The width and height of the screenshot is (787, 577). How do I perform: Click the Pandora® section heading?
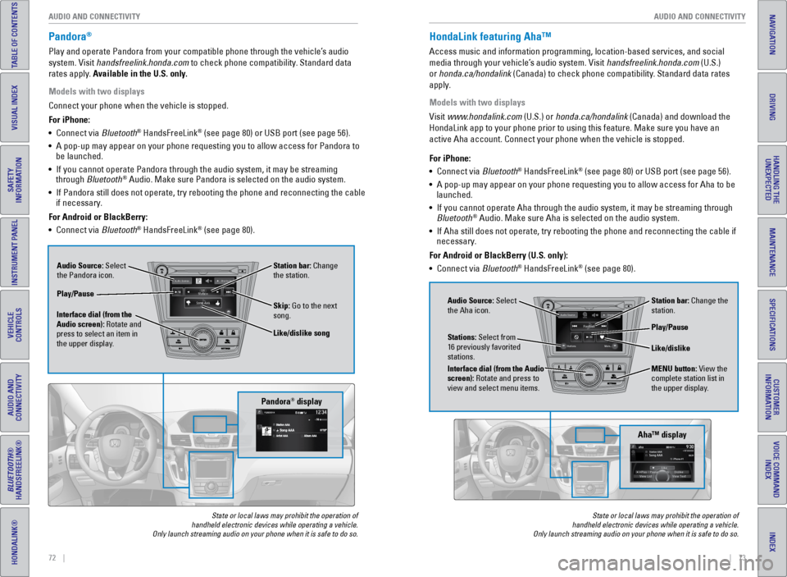click(x=69, y=37)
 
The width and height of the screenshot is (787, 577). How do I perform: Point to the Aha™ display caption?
click(x=661, y=434)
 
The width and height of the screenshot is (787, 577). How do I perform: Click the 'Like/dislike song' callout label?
click(x=302, y=333)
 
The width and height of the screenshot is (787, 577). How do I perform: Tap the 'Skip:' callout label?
click(x=282, y=305)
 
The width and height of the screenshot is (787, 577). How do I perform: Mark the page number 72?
click(x=52, y=558)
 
